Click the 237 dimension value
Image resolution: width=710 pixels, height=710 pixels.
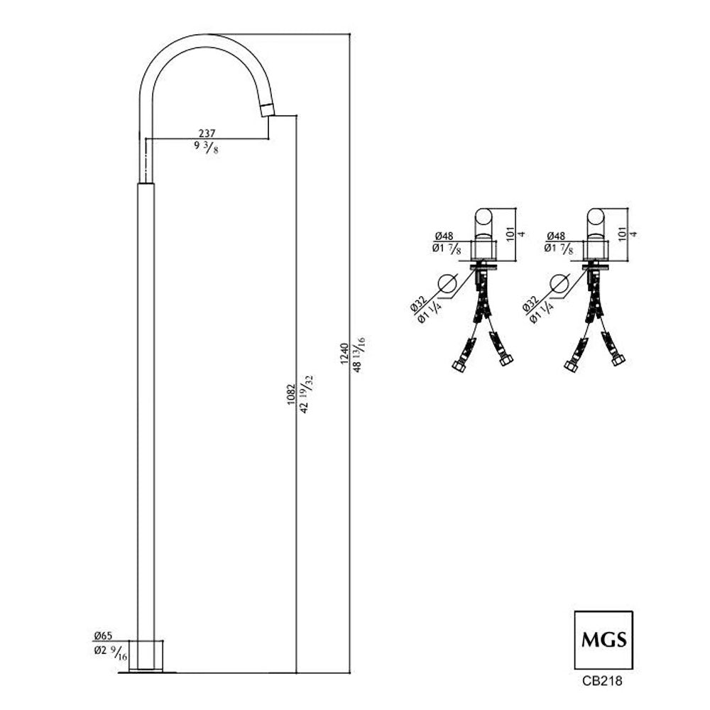pyautogui.click(x=207, y=133)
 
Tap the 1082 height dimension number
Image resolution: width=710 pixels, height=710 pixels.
pyautogui.click(x=291, y=394)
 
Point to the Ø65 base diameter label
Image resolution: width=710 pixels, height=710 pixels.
pyautogui.click(x=103, y=635)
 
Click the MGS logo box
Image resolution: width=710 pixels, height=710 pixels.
pyautogui.click(x=603, y=640)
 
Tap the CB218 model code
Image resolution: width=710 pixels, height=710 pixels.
pyautogui.click(x=602, y=681)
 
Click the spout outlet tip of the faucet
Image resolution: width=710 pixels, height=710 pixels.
pyautogui.click(x=268, y=111)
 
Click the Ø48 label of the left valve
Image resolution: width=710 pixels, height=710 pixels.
pyautogui.click(x=444, y=236)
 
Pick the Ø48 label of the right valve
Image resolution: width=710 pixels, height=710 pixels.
pyautogui.click(x=556, y=236)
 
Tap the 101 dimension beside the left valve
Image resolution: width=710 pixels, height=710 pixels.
pyautogui.click(x=510, y=234)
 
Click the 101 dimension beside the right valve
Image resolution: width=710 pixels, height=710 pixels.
pyautogui.click(x=622, y=234)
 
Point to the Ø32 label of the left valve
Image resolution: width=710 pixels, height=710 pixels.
pyautogui.click(x=418, y=303)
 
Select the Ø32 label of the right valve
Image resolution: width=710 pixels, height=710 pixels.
pyautogui.click(x=530, y=303)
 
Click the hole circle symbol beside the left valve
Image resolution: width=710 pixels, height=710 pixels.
pyautogui.click(x=447, y=285)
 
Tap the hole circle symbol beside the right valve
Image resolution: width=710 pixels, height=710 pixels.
pyautogui.click(x=559, y=285)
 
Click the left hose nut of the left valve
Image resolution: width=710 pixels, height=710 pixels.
pyautogui.click(x=458, y=366)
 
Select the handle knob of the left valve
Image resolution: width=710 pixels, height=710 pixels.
pyautogui.click(x=484, y=222)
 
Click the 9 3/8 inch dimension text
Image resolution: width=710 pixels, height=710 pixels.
pyautogui.click(x=206, y=147)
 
